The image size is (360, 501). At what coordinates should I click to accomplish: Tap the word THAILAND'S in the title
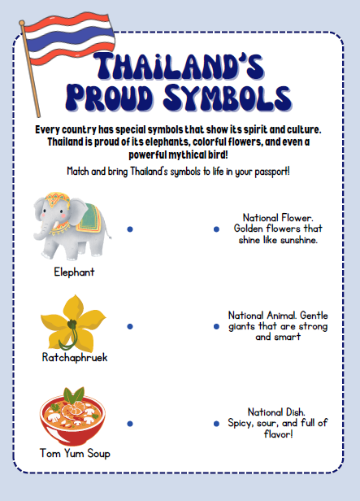[178, 68]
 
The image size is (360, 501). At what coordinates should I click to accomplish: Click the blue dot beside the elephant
[130, 230]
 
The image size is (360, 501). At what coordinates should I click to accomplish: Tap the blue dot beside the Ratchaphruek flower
[130, 326]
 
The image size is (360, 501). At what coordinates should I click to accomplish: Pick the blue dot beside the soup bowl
[130, 424]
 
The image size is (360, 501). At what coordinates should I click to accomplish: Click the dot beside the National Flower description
[216, 230]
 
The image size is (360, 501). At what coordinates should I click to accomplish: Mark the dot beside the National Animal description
[216, 326]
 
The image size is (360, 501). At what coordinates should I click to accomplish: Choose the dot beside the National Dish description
[216, 424]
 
